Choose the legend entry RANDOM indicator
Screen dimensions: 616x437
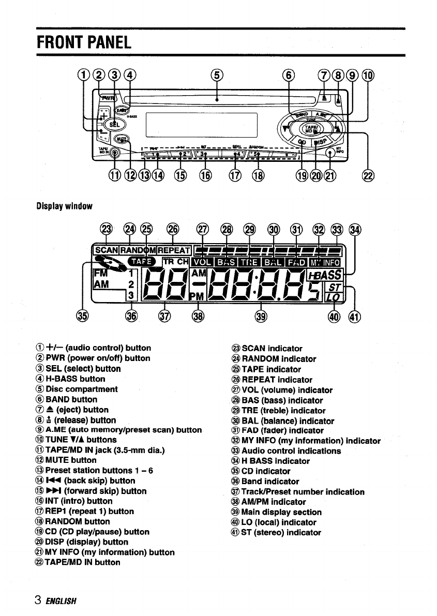(x=274, y=358)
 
